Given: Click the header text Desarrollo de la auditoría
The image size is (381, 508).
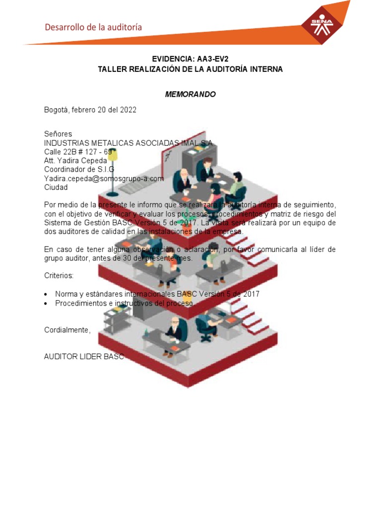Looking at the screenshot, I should click(x=93, y=27).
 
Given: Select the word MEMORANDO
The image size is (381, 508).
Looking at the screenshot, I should click(x=190, y=94).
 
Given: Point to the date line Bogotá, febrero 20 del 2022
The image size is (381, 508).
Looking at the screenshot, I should click(x=90, y=110).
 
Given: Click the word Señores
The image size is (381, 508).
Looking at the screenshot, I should click(x=58, y=134).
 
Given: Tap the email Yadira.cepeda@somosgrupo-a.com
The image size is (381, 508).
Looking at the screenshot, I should click(x=104, y=179).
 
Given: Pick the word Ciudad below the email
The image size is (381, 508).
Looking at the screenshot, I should click(x=56, y=188).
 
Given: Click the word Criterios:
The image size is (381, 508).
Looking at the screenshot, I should click(x=59, y=275).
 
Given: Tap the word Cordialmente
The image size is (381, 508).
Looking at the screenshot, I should click(x=67, y=330).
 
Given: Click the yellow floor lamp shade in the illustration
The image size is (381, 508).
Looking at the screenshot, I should click(x=113, y=154).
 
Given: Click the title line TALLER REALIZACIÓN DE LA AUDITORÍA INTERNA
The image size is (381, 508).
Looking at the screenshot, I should click(x=190, y=69).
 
